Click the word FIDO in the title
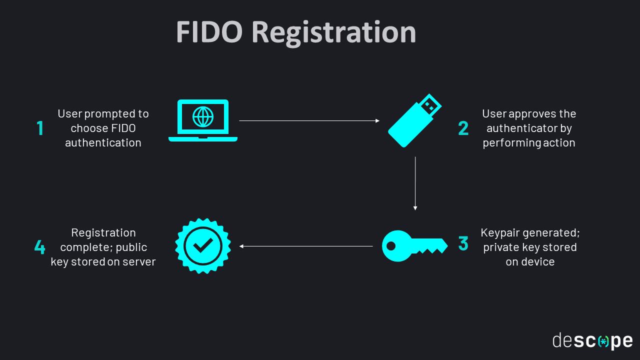coord(209,32)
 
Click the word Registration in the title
coord(333,33)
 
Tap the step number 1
coord(40,128)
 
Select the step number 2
coord(463,128)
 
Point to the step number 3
coord(463,243)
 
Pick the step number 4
coord(39,247)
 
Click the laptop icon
coord(203,120)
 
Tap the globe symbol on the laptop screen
coord(203,116)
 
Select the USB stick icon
coord(414,121)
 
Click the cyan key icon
coord(414,245)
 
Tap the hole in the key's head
coord(391,246)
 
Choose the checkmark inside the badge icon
coord(203,245)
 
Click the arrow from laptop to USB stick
coord(309,120)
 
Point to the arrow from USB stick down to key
coord(415,183)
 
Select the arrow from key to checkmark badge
coord(306,246)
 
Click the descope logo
coord(592,340)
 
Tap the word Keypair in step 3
coord(499,233)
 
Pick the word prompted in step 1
coord(108,114)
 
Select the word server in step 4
coord(140,261)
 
